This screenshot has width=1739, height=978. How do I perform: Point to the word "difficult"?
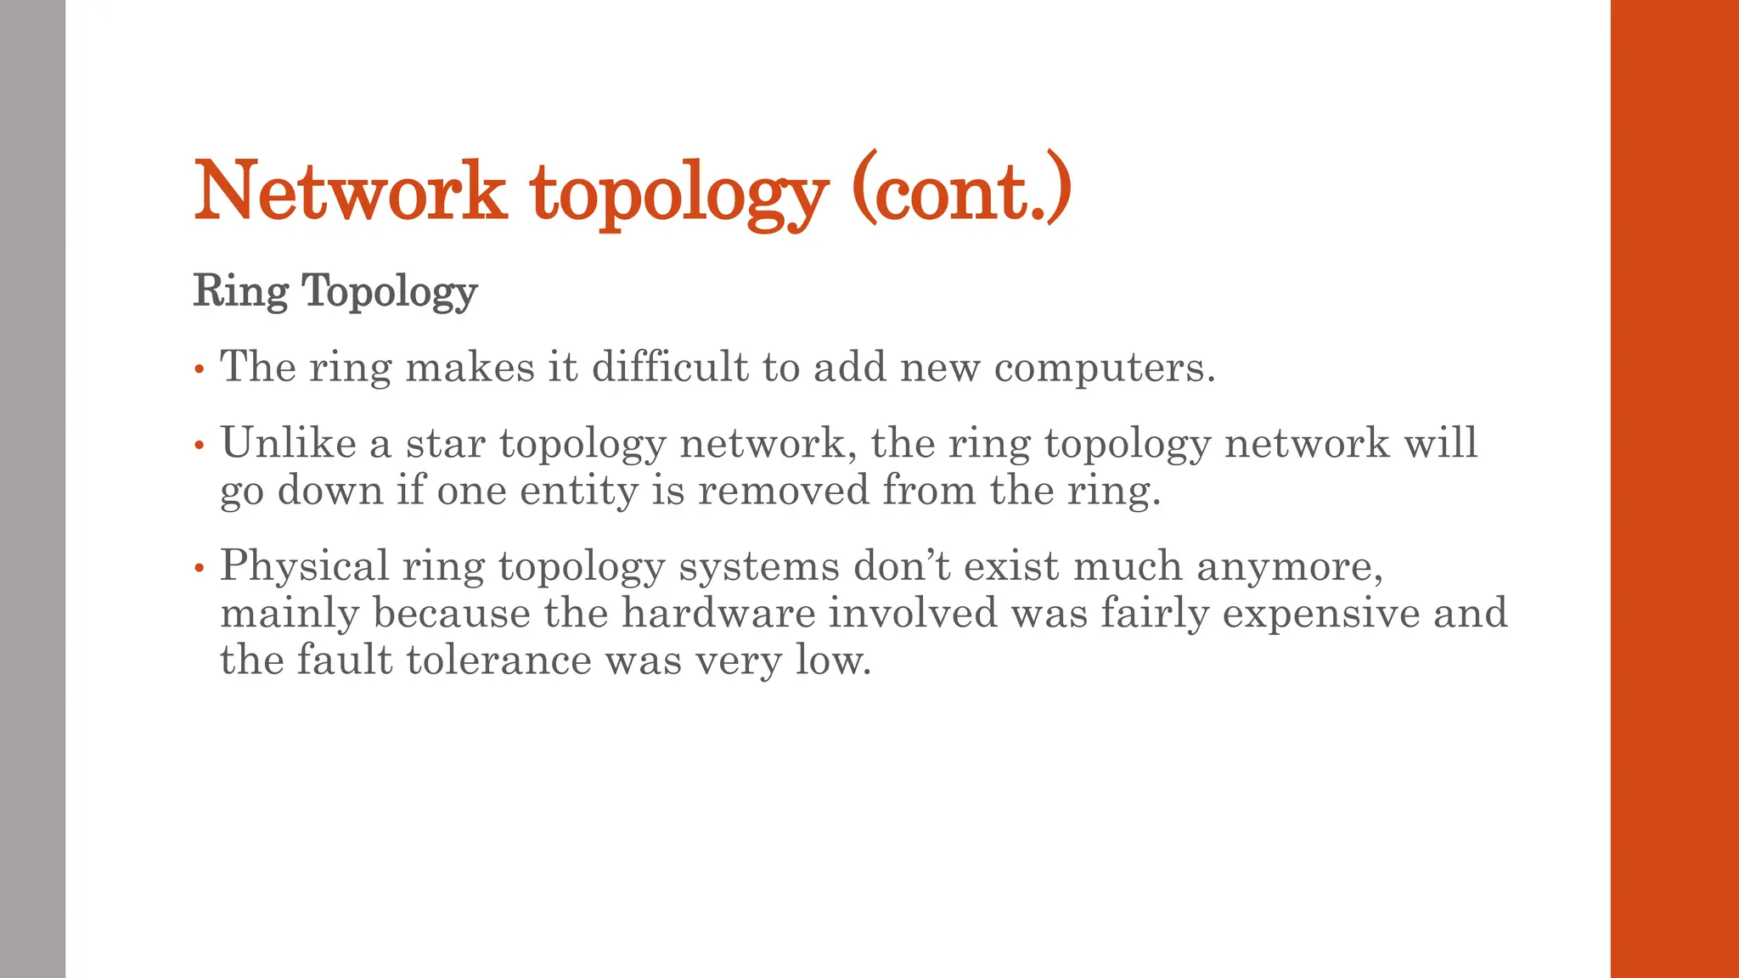point(670,367)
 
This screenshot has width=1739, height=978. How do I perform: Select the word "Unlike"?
point(288,442)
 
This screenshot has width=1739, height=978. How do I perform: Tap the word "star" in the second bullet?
point(445,443)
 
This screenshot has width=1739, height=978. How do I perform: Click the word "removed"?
point(783,490)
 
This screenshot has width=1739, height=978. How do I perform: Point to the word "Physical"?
point(304,566)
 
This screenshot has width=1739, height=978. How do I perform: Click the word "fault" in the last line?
point(344,660)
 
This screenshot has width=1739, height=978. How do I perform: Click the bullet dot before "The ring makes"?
point(200,369)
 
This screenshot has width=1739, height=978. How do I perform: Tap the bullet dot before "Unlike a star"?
point(200,445)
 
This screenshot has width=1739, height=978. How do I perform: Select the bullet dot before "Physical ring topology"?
point(200,568)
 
